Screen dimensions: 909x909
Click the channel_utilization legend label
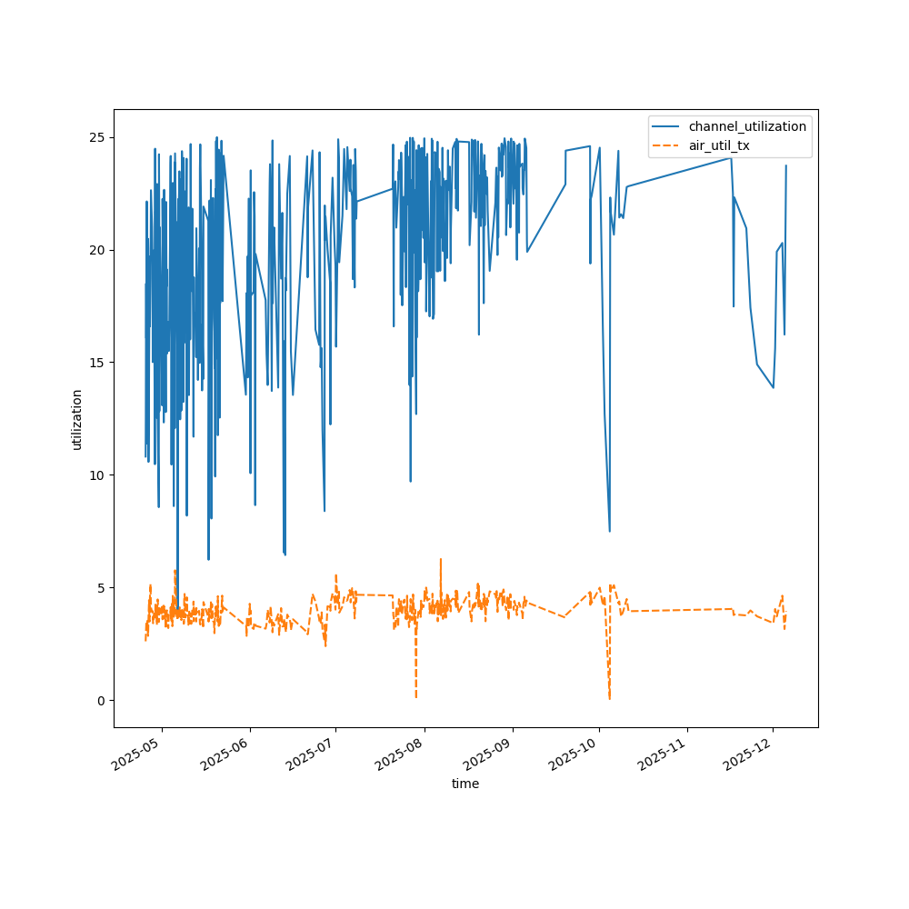(747, 126)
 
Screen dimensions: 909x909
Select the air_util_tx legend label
(719, 145)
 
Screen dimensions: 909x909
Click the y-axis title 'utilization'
(77, 419)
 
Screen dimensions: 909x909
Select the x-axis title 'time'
(465, 784)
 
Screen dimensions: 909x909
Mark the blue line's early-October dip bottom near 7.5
(609, 531)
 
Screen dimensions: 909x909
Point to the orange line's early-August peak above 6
(441, 559)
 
